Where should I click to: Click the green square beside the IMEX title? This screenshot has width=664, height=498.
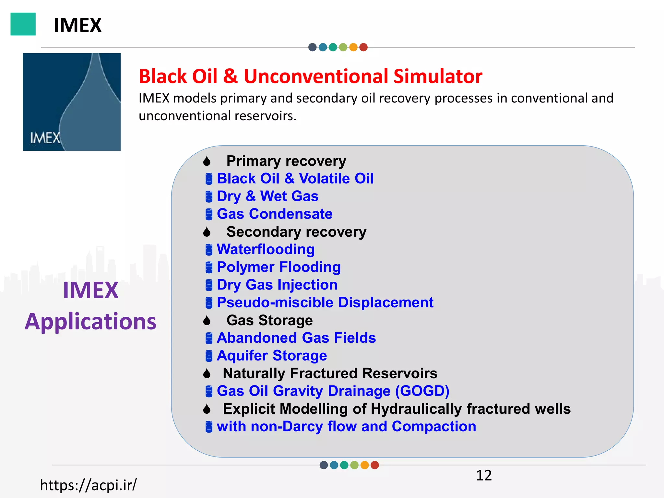click(23, 24)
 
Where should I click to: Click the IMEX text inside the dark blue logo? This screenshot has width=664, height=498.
click(45, 138)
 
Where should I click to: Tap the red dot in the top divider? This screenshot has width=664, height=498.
click(363, 47)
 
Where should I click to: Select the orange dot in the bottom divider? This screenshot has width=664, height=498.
click(364, 465)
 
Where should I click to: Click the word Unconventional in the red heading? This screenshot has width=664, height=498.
click(316, 77)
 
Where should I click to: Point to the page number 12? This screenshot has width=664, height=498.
click(483, 475)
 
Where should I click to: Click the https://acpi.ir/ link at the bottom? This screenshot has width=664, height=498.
click(88, 485)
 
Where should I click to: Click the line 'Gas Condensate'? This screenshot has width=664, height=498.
click(274, 214)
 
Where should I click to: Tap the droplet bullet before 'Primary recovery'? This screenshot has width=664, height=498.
click(207, 161)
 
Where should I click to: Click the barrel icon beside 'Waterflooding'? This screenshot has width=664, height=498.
click(209, 250)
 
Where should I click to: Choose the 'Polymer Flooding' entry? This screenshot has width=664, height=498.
click(279, 267)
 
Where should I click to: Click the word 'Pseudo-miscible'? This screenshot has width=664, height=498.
click(275, 302)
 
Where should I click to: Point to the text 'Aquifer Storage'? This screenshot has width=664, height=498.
click(272, 356)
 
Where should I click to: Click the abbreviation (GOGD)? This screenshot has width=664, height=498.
click(422, 391)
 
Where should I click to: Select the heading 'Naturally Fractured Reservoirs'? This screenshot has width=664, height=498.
click(330, 373)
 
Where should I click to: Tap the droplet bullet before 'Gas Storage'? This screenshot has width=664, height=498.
click(207, 321)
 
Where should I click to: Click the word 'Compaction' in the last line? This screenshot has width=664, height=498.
click(434, 426)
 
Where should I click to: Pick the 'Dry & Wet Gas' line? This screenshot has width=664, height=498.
click(267, 196)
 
